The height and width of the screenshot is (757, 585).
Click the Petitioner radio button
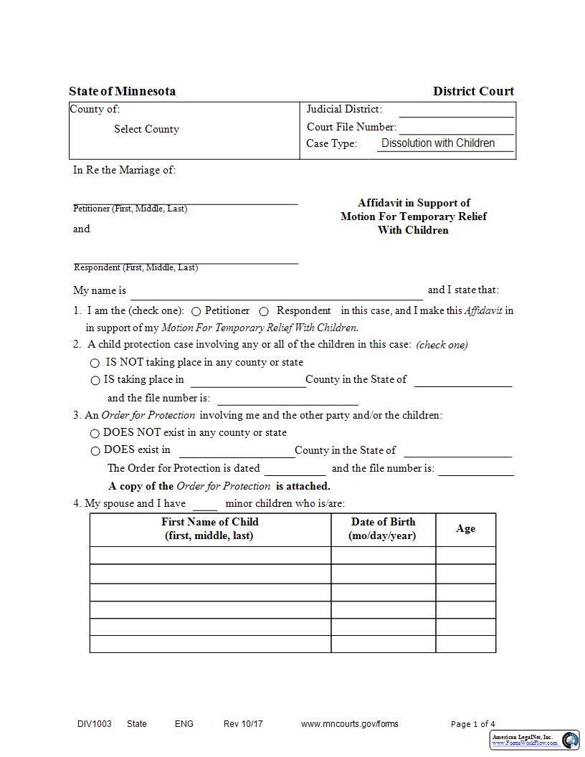[x=196, y=312]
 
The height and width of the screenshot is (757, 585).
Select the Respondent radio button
[x=264, y=312]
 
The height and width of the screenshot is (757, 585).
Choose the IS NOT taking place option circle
[x=95, y=363]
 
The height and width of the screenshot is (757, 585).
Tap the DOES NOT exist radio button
[x=95, y=434]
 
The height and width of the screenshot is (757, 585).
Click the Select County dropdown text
[x=146, y=129]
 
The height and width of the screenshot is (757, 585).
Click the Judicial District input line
[x=456, y=110]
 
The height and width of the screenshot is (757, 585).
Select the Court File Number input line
[x=456, y=128]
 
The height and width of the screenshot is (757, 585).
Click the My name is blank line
[x=276, y=292]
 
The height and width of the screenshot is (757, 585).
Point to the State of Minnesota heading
[x=122, y=91]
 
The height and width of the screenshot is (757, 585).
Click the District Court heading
[x=473, y=91]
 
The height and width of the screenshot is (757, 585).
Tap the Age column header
[x=465, y=529]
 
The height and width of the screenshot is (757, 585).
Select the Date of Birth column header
[x=383, y=529]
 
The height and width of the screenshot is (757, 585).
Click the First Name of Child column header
[x=209, y=529]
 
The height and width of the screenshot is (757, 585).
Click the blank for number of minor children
[x=205, y=505]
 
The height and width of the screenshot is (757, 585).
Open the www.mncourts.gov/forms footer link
[x=349, y=724]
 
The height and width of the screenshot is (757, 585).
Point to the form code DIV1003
[x=95, y=724]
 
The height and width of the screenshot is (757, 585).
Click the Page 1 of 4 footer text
[x=472, y=724]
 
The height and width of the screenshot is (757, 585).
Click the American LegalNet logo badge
[x=535, y=740]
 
